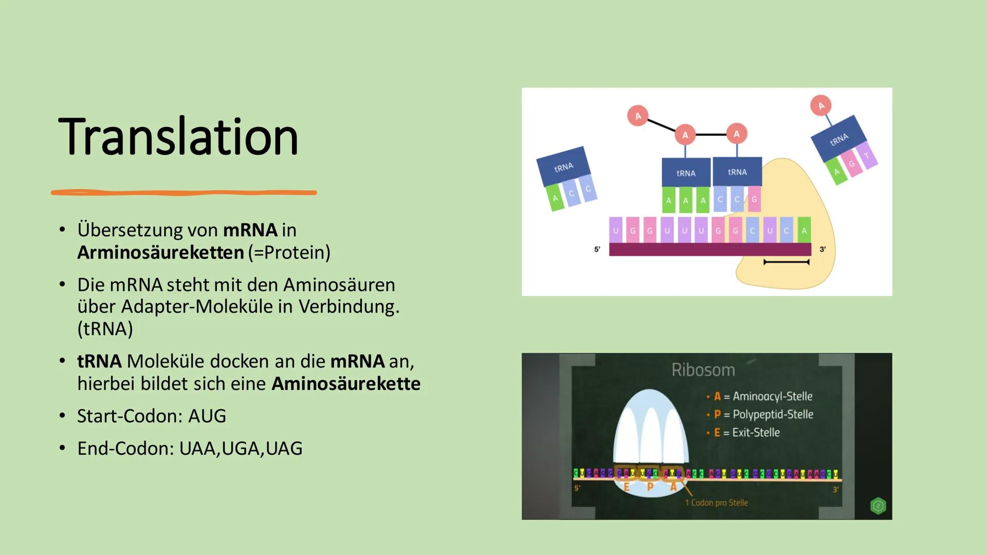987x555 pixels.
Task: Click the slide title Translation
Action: tap(178, 137)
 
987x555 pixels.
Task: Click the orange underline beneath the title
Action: tap(184, 193)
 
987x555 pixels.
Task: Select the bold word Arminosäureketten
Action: tap(160, 252)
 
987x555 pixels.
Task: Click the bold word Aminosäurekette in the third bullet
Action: tap(345, 383)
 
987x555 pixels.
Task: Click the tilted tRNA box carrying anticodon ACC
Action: tap(563, 166)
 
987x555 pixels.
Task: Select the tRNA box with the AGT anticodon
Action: tap(839, 139)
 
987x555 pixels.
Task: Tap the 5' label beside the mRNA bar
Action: tap(597, 249)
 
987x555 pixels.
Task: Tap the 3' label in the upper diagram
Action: tap(822, 249)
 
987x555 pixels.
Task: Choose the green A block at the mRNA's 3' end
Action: tap(804, 231)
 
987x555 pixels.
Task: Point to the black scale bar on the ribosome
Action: tap(786, 262)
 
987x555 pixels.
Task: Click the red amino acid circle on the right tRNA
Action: tap(821, 105)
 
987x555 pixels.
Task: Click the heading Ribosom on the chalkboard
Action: tap(703, 370)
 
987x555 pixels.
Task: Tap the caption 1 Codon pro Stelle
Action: tap(716, 503)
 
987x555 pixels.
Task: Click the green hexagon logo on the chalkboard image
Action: tap(878, 506)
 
